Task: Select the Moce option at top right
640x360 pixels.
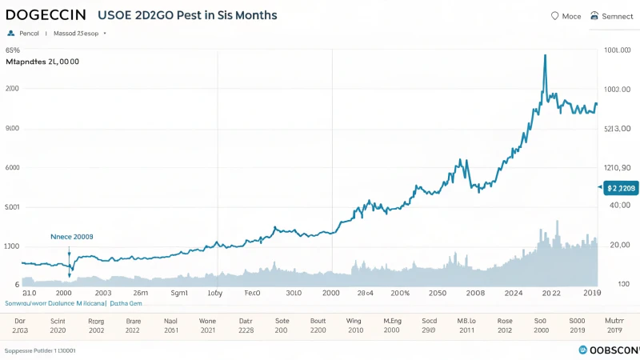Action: pos(566,16)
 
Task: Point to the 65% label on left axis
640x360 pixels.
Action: pos(13,50)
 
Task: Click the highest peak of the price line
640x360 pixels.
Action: pos(545,55)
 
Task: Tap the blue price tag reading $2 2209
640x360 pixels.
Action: pos(620,188)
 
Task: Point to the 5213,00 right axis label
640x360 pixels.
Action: pos(618,128)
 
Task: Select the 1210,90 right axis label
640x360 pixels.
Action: pos(617,168)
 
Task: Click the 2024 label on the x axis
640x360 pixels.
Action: pos(514,293)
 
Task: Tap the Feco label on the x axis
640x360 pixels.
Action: pos(252,293)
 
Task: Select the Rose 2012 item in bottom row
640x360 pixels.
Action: pos(505,325)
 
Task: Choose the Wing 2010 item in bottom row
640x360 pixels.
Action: pos(354,325)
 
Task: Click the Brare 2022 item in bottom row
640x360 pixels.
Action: pos(133,325)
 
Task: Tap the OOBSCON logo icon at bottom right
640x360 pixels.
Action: pos(582,350)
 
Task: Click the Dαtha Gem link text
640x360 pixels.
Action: pos(126,304)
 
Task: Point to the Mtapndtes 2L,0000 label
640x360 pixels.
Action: pos(42,62)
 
